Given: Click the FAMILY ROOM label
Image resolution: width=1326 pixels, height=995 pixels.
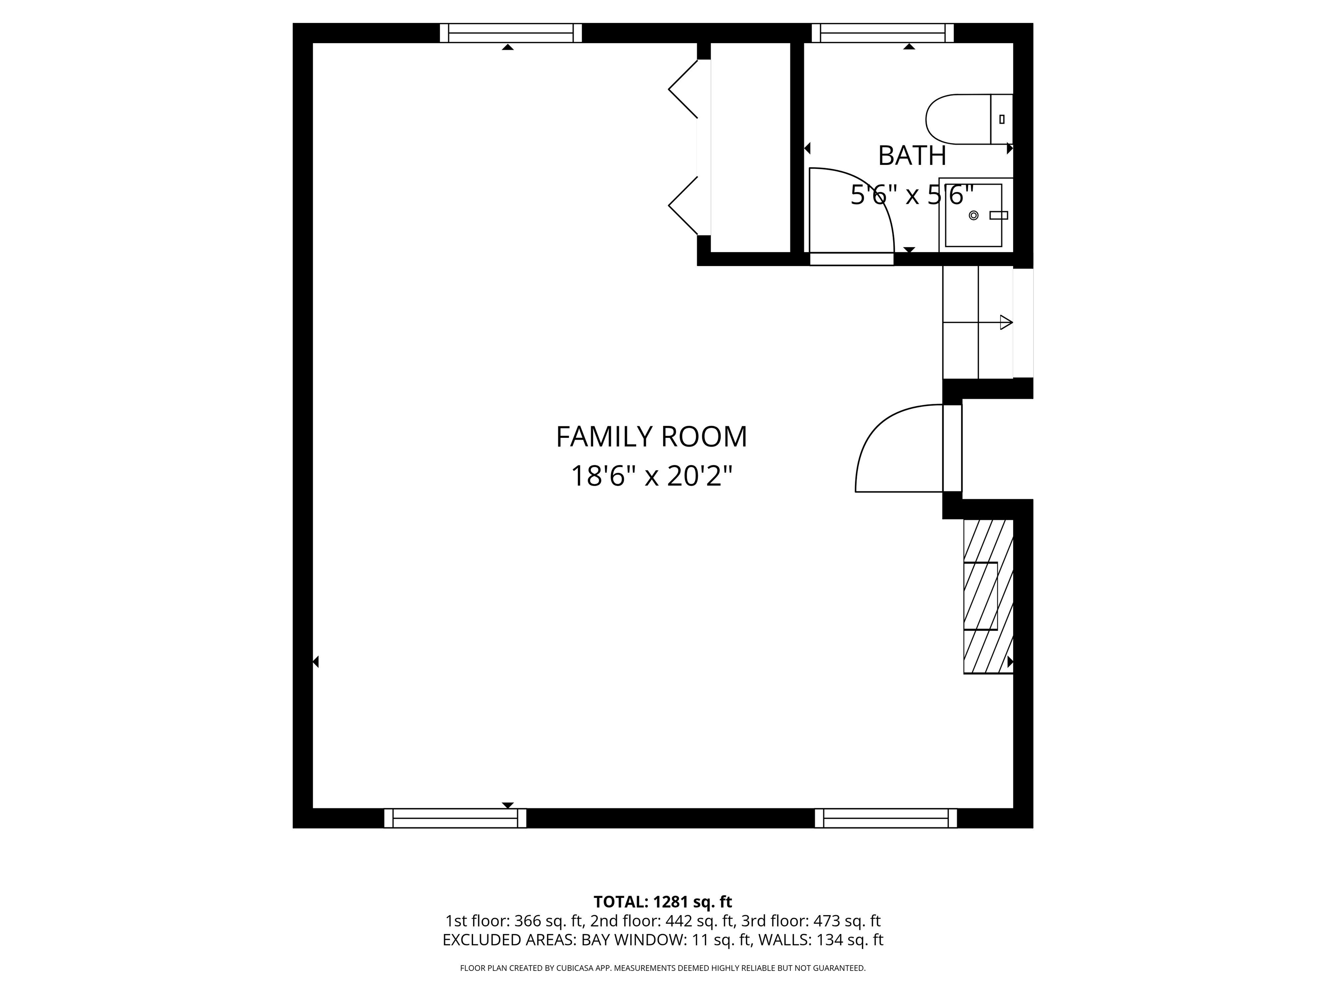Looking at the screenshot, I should click(652, 437).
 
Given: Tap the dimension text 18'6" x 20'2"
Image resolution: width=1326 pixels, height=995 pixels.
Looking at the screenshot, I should click(652, 477).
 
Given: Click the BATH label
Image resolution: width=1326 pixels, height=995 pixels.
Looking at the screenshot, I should click(912, 156).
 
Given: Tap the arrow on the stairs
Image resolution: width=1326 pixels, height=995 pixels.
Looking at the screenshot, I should click(1005, 323).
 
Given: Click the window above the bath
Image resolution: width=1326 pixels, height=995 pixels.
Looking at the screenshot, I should click(882, 33).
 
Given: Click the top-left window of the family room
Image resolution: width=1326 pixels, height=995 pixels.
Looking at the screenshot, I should click(511, 33).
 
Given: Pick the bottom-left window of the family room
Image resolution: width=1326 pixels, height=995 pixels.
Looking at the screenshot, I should click(455, 818).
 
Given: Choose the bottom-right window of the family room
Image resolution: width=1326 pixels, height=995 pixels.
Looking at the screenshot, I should click(885, 818).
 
